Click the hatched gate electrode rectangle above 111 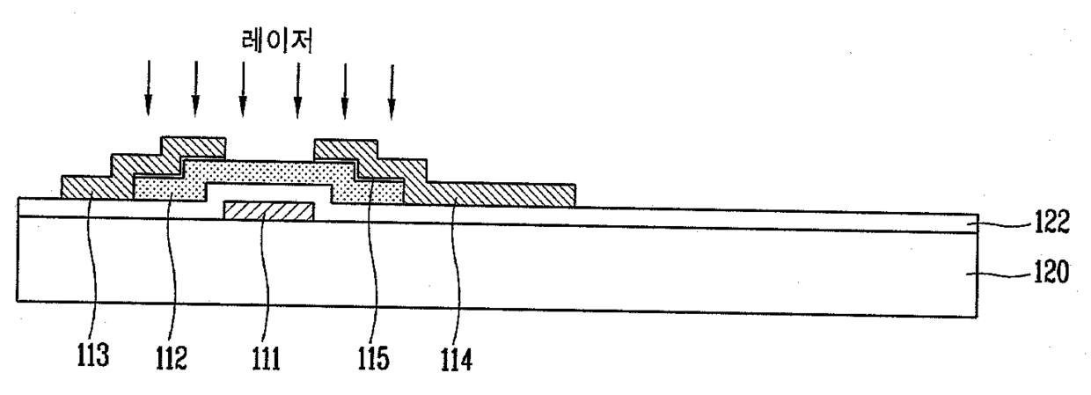(269, 211)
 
